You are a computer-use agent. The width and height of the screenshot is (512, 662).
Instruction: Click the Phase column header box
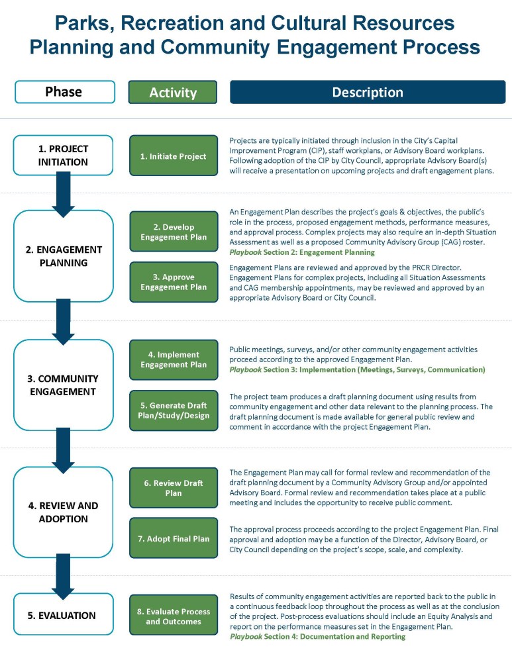65,92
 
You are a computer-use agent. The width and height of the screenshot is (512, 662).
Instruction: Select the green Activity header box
173,92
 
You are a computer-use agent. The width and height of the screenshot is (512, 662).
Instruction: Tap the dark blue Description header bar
368,92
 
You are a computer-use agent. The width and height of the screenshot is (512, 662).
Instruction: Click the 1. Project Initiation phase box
63,156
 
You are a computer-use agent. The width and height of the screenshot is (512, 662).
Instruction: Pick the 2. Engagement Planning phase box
64,256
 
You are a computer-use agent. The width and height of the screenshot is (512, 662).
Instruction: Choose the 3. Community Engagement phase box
64,385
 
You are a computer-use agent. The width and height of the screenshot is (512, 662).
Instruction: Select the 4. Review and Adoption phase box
64,512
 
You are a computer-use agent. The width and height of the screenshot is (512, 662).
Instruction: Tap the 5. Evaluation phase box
64,614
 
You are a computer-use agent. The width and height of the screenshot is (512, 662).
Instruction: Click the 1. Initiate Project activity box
174,156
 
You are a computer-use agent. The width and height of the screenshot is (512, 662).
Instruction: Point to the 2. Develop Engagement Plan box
174,232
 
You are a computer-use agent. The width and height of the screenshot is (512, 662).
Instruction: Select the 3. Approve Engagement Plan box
174,282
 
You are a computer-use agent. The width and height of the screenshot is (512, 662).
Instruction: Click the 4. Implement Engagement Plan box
174,359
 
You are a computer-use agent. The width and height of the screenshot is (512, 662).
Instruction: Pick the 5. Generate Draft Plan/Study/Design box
174,410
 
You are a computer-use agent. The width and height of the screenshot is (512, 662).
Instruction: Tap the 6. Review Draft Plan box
174,488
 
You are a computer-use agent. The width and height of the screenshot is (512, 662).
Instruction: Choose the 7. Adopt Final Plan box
174,538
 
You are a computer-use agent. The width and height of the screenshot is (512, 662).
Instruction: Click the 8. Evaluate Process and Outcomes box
174,615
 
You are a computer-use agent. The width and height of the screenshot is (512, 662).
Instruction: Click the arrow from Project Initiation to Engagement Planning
64,195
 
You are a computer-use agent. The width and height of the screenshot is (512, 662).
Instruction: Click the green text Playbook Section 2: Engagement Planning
302,252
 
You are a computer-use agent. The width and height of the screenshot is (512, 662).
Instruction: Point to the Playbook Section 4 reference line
318,636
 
